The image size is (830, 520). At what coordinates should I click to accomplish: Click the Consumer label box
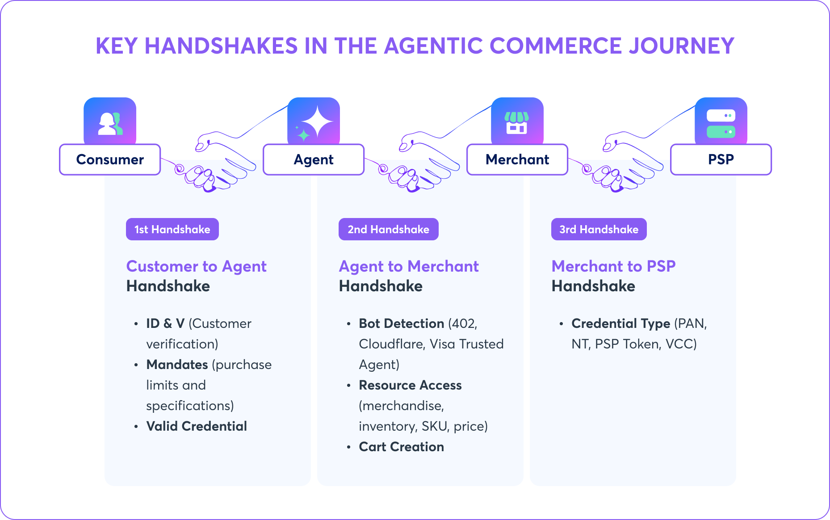click(110, 159)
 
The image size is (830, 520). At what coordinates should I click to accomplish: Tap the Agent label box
click(314, 159)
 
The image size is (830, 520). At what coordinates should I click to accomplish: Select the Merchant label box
click(517, 159)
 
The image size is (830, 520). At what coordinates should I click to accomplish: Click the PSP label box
click(721, 159)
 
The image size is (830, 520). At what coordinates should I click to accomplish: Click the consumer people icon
click(110, 123)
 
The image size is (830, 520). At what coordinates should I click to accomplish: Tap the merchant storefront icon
click(517, 123)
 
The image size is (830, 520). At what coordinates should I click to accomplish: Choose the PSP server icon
click(721, 124)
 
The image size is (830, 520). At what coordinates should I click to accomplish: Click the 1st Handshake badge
click(172, 229)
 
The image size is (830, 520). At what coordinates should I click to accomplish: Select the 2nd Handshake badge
click(389, 229)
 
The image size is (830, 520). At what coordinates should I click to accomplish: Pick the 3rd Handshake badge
click(599, 229)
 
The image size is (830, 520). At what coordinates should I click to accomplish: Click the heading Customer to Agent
click(197, 266)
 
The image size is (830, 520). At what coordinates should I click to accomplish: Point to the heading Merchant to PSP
click(614, 266)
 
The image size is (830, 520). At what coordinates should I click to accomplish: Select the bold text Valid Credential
click(197, 426)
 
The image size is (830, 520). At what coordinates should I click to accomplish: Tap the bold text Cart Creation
click(402, 447)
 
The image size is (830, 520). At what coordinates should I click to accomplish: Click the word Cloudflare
click(392, 344)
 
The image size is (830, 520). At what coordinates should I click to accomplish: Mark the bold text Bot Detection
click(402, 323)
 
